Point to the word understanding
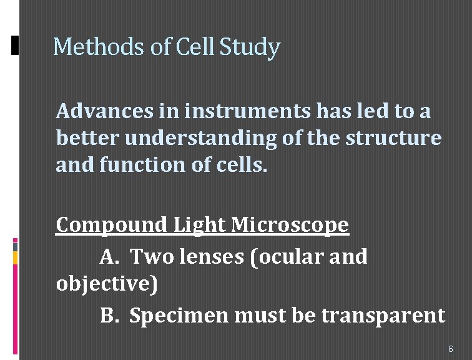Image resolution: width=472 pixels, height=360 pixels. (200, 139)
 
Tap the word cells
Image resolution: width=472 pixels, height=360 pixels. (240, 165)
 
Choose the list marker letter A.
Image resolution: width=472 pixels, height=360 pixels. (110, 256)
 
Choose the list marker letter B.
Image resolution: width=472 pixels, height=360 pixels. (109, 316)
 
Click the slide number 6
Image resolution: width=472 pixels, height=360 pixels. (451, 348)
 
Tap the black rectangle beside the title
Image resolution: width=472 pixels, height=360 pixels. (16, 46)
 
